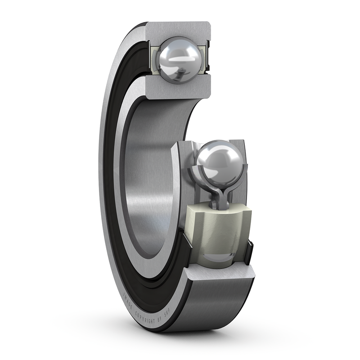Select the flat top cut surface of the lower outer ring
[220, 273]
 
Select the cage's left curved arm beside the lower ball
[197, 175]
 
